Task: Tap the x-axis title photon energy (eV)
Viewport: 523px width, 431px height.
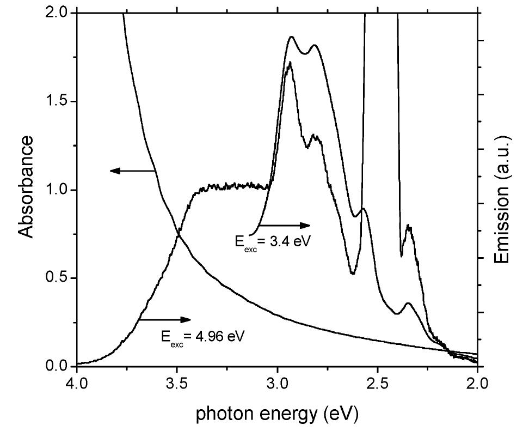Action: (x=278, y=415)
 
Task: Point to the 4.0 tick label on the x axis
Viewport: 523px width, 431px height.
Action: (x=77, y=383)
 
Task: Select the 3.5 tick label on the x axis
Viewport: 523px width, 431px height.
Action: (x=177, y=383)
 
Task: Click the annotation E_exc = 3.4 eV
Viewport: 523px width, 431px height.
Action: (x=273, y=241)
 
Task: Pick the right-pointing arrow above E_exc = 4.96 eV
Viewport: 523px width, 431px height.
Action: (x=165, y=319)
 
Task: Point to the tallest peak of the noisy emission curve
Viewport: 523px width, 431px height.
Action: (x=290, y=63)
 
